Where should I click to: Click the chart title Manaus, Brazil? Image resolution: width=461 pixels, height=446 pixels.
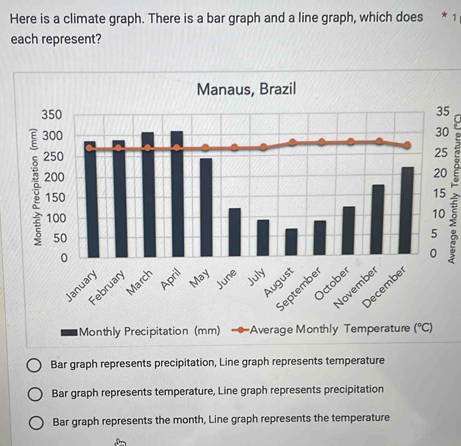[x=246, y=89]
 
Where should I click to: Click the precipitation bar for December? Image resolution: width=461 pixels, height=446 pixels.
[x=406, y=211]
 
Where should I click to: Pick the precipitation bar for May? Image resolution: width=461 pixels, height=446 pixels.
[x=205, y=207]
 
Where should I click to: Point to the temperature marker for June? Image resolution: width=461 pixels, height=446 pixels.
[x=234, y=147]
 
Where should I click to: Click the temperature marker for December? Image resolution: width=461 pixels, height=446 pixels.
[x=406, y=145]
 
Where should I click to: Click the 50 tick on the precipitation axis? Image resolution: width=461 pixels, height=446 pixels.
[x=59, y=237]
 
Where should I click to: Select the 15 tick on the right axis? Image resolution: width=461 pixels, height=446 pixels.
[x=437, y=194]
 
